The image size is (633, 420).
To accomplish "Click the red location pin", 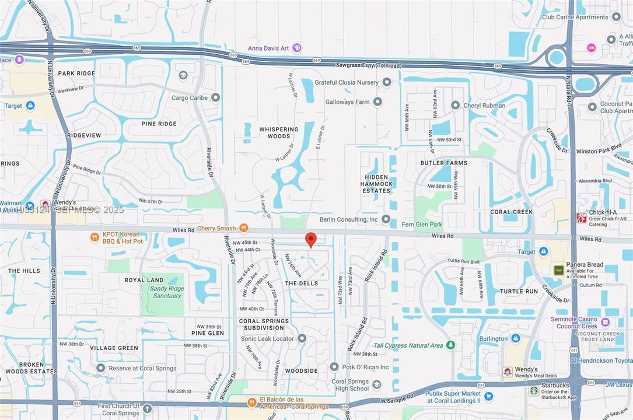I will [311, 239].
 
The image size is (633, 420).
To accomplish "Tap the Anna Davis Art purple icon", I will [297, 48].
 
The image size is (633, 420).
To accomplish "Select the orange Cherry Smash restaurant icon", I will [244, 228].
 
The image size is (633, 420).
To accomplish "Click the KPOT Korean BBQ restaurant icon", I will [95, 237].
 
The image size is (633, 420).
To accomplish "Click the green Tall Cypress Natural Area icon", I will [450, 345].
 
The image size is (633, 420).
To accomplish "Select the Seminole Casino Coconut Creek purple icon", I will [605, 322].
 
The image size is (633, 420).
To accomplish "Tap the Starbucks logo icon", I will [534, 390].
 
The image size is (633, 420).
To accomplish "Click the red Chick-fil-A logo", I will [581, 218].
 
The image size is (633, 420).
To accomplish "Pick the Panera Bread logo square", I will [559, 270].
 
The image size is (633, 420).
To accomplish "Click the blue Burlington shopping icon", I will [515, 338].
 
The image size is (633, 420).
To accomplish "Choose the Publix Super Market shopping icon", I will [488, 397].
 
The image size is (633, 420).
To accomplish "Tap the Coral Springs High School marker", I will [376, 385].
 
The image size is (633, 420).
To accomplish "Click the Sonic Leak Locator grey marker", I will [302, 338].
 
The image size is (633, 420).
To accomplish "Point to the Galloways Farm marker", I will [377, 101].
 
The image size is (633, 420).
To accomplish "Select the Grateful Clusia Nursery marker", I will [387, 82].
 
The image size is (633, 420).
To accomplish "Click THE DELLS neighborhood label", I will [302, 283].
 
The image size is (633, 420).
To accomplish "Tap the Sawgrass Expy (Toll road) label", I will [369, 66].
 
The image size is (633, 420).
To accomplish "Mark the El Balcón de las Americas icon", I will [252, 402].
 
